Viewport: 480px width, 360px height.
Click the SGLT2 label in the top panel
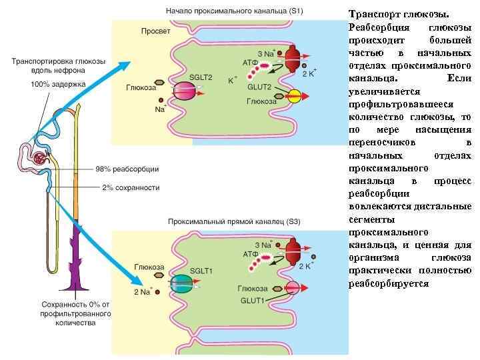pos(201,77)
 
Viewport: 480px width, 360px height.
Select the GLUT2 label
pos(259,87)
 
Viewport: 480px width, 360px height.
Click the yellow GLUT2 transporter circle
pos(294,97)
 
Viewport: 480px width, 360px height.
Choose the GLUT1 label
pos(253,301)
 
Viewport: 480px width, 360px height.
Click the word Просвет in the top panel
pos(155,31)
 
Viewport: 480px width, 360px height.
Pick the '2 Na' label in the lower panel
pos(143,291)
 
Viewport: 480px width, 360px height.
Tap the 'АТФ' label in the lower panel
pos(251,254)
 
